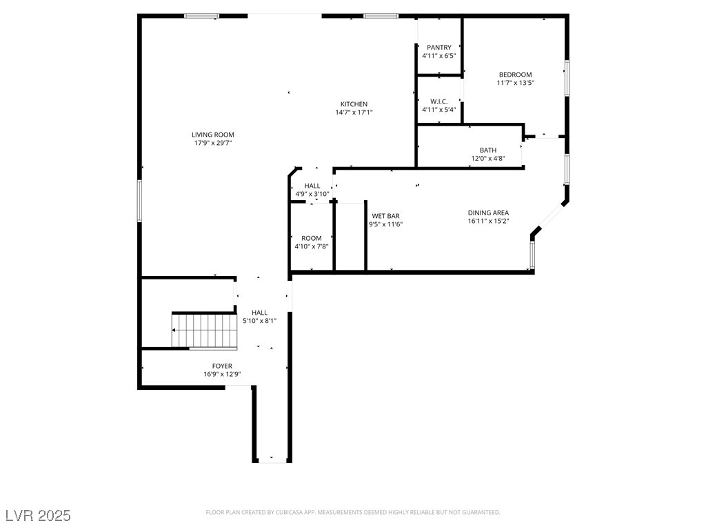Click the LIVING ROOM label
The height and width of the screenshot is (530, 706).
(x=212, y=135)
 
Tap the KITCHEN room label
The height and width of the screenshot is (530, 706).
(x=354, y=104)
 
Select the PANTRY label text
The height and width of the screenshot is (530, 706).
(x=439, y=48)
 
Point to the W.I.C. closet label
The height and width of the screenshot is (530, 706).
(x=439, y=101)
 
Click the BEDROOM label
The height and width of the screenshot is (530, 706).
(x=515, y=75)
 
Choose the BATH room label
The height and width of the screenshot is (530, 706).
(x=488, y=150)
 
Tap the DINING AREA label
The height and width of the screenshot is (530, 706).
(x=488, y=213)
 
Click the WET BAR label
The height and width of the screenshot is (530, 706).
(x=385, y=216)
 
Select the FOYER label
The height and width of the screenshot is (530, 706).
(x=222, y=366)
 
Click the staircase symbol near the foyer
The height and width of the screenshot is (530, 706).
(x=204, y=331)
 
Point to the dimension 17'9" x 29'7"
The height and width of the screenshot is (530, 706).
(x=212, y=144)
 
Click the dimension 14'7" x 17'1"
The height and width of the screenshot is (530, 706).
(x=354, y=112)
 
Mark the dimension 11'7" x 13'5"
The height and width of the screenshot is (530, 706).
(x=515, y=83)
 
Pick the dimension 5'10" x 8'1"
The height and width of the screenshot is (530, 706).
(x=259, y=321)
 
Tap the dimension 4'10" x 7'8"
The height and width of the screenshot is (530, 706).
(x=311, y=246)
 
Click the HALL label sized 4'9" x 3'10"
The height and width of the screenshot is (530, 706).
(x=312, y=186)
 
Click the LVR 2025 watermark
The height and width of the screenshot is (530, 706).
(x=38, y=516)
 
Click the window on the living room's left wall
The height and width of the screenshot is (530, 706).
(x=139, y=201)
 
